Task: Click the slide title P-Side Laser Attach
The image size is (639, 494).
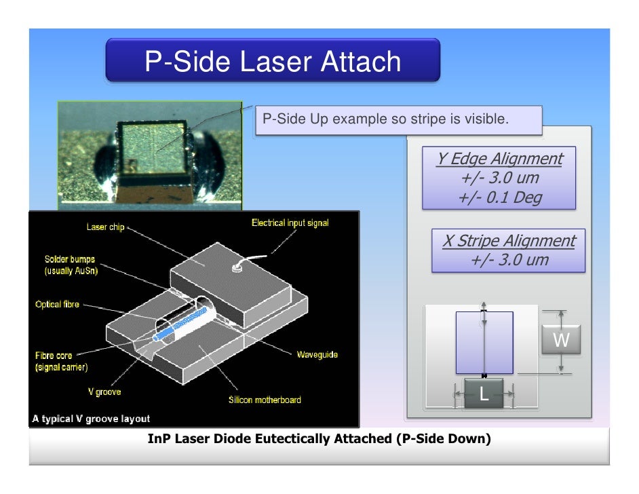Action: [x=273, y=62]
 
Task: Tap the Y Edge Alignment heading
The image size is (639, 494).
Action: [x=499, y=159]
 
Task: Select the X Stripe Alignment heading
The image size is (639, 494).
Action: [x=508, y=241]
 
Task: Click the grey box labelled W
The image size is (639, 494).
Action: [x=560, y=340]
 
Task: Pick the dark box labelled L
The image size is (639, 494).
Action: [x=484, y=394]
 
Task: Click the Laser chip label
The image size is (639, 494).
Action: [x=106, y=227]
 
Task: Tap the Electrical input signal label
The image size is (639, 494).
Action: [x=290, y=223]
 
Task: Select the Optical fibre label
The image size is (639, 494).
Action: [x=57, y=305]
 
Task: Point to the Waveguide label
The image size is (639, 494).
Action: [x=317, y=354]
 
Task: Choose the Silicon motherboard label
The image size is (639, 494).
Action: [x=265, y=400]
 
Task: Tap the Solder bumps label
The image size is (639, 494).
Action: [x=70, y=265]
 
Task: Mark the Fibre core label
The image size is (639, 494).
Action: [x=54, y=355]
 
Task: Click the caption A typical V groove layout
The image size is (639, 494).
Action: [x=91, y=419]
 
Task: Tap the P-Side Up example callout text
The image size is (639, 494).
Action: [x=385, y=119]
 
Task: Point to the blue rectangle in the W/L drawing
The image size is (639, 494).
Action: [x=484, y=343]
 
